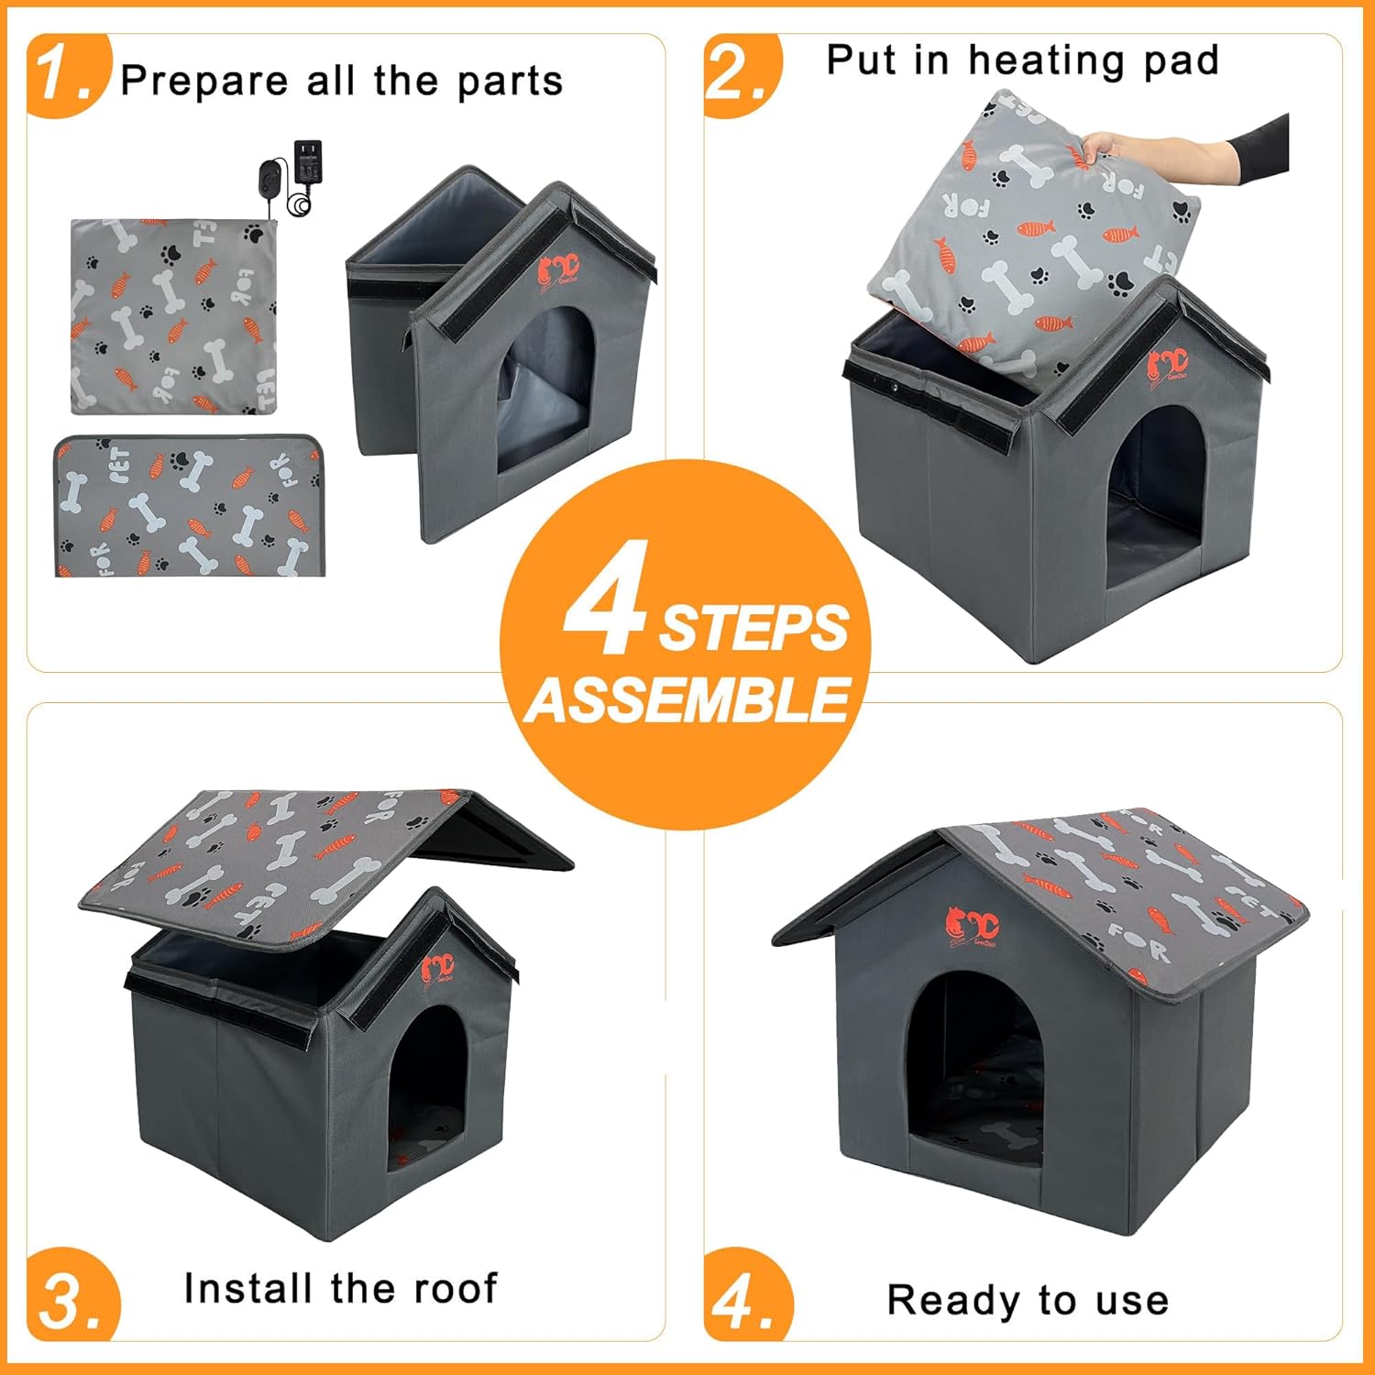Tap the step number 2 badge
pyautogui.click(x=738, y=75)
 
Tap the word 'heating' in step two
pyautogui.click(x=1045, y=60)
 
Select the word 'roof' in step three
pyautogui.click(x=455, y=1288)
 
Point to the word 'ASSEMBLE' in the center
pyautogui.click(x=687, y=701)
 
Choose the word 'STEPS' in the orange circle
pyautogui.click(x=753, y=629)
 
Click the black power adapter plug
pyautogui.click(x=306, y=162)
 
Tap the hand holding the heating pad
pyautogui.click(x=1114, y=147)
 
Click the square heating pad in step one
pyautogui.click(x=173, y=316)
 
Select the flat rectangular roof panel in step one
pyautogui.click(x=191, y=507)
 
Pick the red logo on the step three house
pyautogui.click(x=438, y=968)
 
